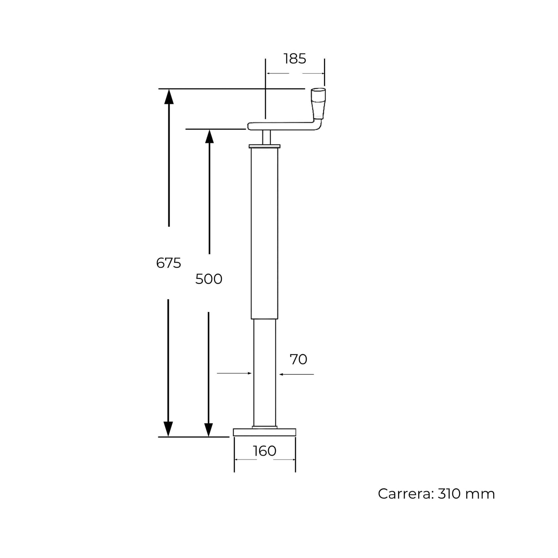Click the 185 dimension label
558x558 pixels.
pos(295,59)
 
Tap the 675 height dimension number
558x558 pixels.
pos(168,263)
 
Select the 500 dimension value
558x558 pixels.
pos(209,279)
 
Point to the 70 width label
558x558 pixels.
pos(299,360)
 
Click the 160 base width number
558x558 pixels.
pos(265,451)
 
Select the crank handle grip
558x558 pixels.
pos(319,102)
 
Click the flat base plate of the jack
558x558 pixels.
pos(265,432)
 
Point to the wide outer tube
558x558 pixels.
pos(265,232)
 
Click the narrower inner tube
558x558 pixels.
pos(265,371)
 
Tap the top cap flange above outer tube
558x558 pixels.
pos(265,146)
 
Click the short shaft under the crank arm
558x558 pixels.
pos(266,137)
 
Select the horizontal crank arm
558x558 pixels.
pos(282,126)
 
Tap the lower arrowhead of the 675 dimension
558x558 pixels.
pos(168,429)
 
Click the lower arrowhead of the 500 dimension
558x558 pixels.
pos(209,429)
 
